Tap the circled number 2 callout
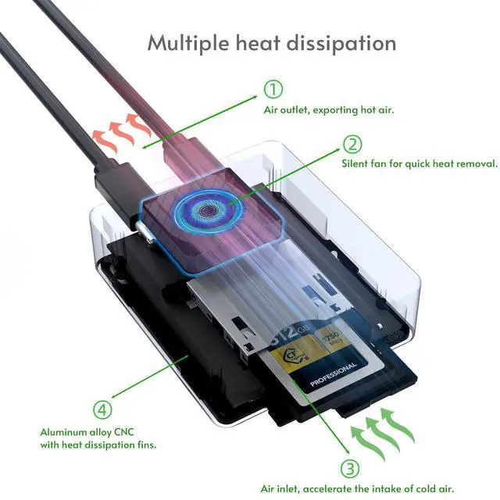(x=353, y=145)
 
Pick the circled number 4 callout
(x=102, y=409)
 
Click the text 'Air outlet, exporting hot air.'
(x=328, y=110)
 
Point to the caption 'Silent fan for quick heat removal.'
(x=420, y=164)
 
